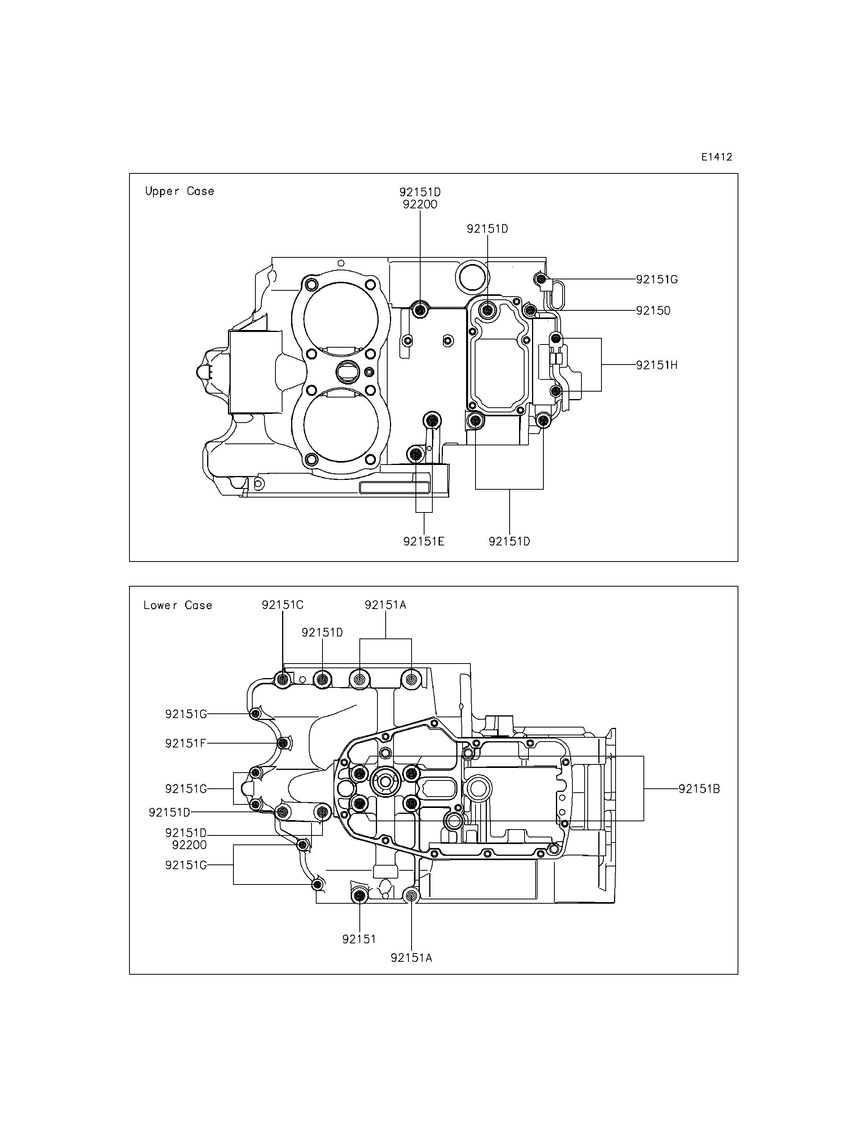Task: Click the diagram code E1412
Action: pos(717,157)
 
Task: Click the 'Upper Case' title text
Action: pos(179,191)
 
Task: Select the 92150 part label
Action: pos(653,310)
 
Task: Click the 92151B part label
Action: pos(699,789)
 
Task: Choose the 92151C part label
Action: pos(282,605)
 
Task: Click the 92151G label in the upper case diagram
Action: pos(657,280)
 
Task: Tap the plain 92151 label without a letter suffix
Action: pos(359,939)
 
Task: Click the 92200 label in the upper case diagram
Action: pos(420,204)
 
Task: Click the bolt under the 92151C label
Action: pos(282,680)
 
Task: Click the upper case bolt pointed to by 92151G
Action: pos(541,279)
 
